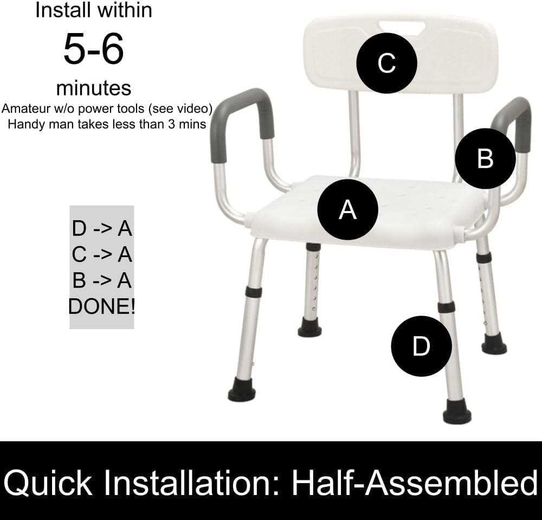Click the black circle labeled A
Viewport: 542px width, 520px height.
pyautogui.click(x=347, y=209)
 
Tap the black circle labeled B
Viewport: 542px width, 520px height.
pyautogui.click(x=485, y=159)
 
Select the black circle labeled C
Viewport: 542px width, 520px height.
pyautogui.click(x=386, y=63)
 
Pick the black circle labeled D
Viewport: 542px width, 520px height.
pyautogui.click(x=421, y=345)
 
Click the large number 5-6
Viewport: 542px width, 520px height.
pyautogui.click(x=94, y=48)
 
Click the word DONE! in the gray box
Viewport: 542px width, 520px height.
pyautogui.click(x=102, y=306)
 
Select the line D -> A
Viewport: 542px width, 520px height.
pyautogui.click(x=102, y=228)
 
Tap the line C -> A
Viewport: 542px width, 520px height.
pyautogui.click(x=102, y=254)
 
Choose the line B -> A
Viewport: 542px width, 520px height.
pyautogui.click(x=102, y=280)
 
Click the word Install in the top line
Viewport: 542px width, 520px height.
pyautogui.click(x=61, y=10)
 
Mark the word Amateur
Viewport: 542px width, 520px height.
pyautogui.click(x=25, y=108)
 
